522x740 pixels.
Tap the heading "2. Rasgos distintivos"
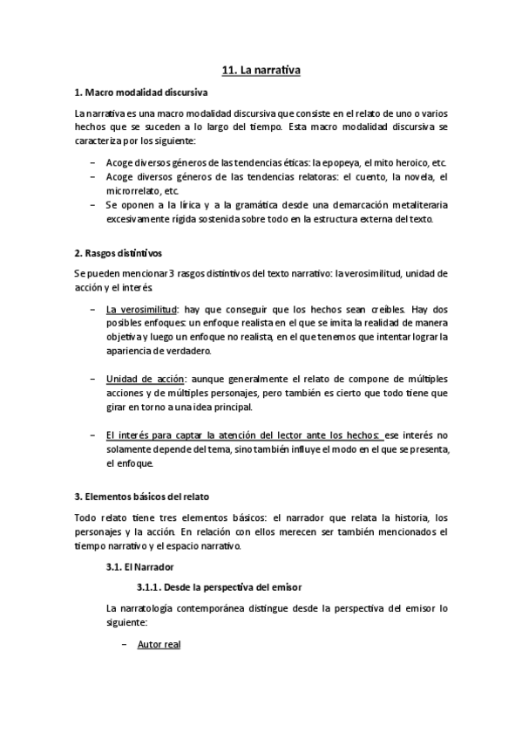click(118, 254)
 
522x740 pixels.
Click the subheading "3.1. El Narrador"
click(134, 566)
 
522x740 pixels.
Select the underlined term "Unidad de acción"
click(144, 378)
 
